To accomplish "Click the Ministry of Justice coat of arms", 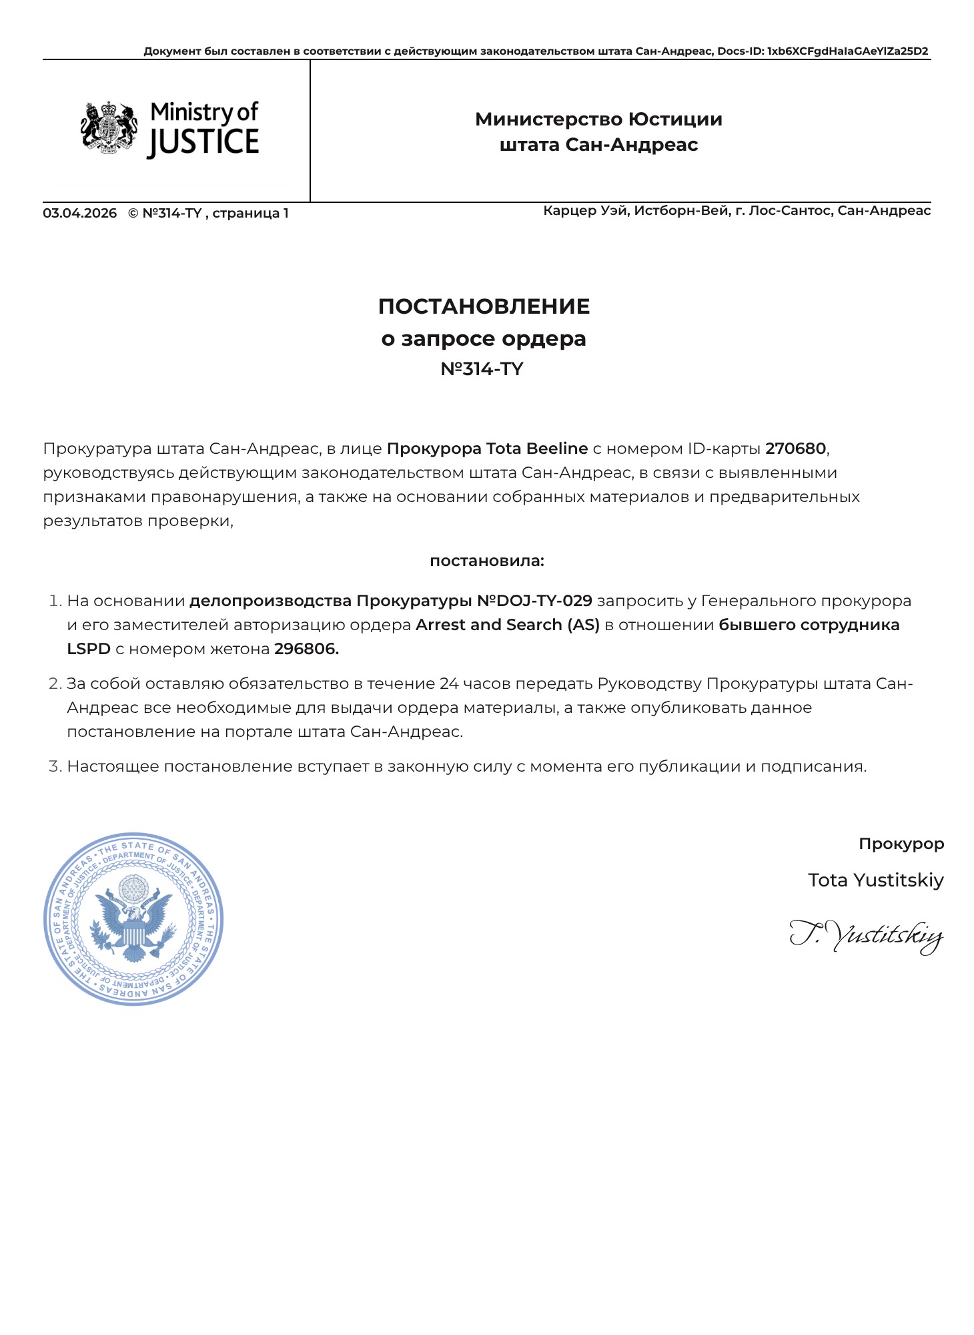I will tap(109, 127).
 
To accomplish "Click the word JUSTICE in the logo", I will tap(203, 143).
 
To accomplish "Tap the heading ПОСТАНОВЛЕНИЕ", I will tap(484, 306).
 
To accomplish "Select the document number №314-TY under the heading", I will tap(482, 369).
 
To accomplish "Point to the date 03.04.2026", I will tap(79, 214).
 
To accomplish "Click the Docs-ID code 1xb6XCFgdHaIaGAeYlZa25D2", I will tap(847, 51).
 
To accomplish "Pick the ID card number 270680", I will tap(795, 449).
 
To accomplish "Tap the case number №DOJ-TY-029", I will tap(534, 601).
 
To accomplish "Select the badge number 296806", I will tap(306, 649).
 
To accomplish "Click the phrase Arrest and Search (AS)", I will tap(507, 625).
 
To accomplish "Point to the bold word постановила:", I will tap(487, 561).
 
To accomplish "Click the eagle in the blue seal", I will tap(133, 924).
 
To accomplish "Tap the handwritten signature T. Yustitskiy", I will tap(866, 936).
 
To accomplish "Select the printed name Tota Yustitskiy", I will tap(875, 880).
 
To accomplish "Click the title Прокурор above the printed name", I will tap(901, 844).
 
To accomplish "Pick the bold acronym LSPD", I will tap(88, 649).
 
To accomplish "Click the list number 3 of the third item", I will tap(54, 766).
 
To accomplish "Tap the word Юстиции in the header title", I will tap(675, 119).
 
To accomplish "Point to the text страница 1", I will tap(250, 214).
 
